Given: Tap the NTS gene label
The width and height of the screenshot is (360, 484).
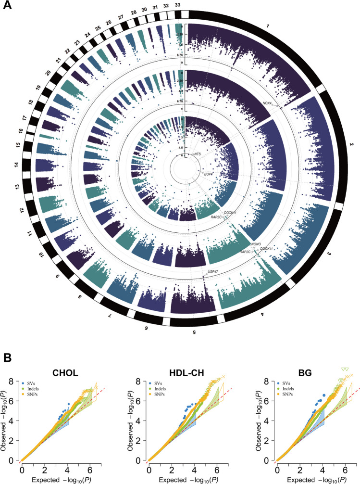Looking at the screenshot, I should pyautogui.click(x=197, y=153).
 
